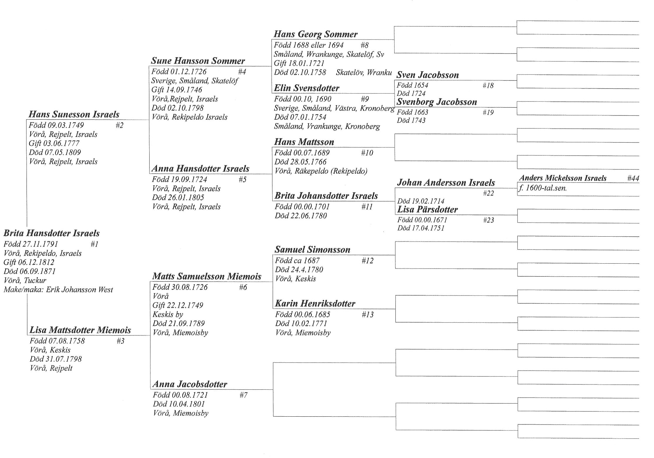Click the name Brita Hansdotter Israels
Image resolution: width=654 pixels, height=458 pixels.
coord(51,233)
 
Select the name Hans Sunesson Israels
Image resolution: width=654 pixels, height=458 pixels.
coord(74,114)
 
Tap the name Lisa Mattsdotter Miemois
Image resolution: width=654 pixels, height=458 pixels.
coord(80,330)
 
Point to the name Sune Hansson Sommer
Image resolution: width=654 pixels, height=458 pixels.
coord(198,61)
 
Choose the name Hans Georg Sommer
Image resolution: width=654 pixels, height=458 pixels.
coord(316,34)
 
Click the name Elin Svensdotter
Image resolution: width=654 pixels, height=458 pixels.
coord(306,88)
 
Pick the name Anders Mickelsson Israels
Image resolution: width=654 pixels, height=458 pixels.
coord(562,178)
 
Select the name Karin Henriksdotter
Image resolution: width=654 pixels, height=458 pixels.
coord(315,303)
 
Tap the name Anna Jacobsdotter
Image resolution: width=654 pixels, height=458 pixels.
coord(190,384)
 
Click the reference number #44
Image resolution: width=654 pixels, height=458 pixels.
coord(633,178)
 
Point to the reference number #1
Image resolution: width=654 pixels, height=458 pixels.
coord(94,244)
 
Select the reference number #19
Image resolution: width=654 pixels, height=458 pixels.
coord(488,113)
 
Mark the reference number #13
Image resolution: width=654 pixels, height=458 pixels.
coord(368,315)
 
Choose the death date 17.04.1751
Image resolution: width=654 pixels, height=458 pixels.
coord(430,228)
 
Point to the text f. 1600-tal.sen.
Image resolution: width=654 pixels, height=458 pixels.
coord(543,188)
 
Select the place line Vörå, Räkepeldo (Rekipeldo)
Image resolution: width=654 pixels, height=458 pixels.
coord(321,171)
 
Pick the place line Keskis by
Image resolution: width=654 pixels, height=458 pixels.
coord(168,315)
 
